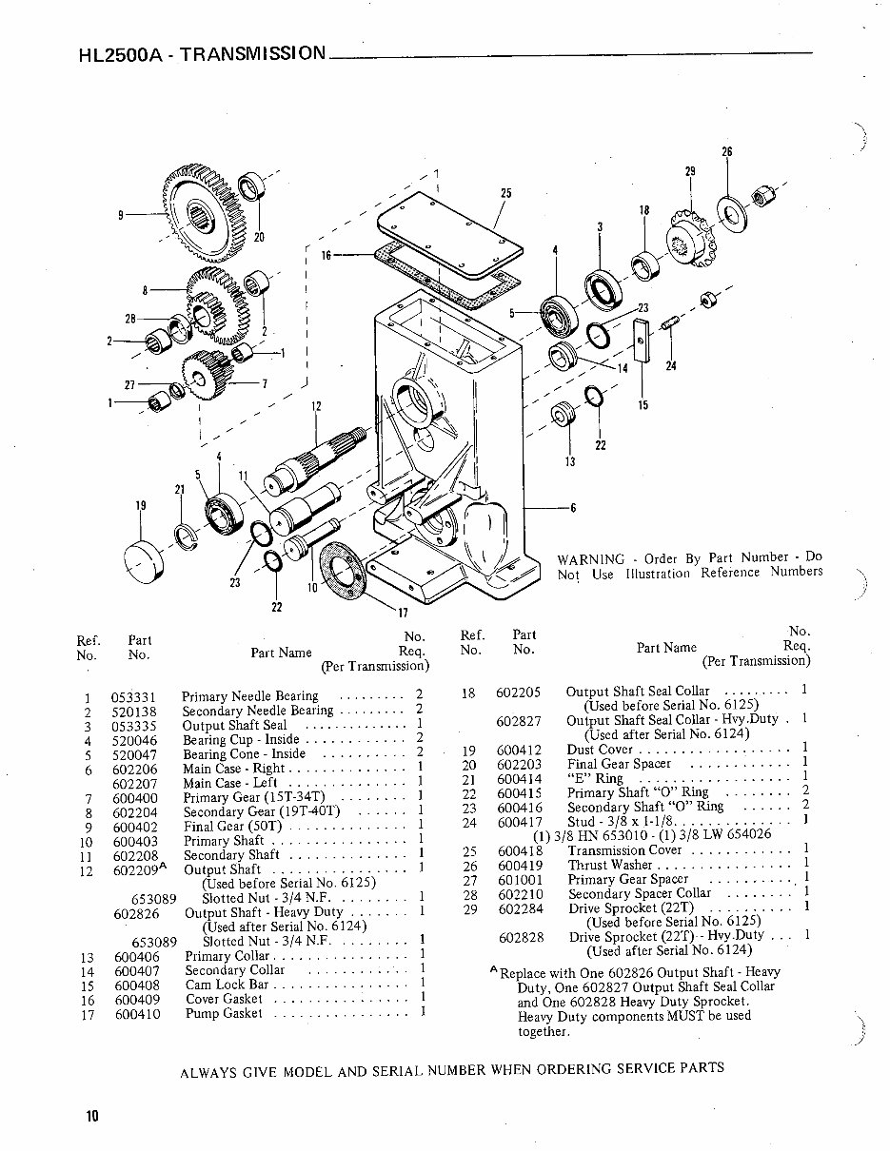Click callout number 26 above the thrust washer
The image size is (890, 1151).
[727, 152]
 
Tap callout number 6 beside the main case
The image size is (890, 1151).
[573, 507]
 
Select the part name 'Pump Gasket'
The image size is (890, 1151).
[222, 1014]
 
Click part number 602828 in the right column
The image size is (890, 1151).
[519, 937]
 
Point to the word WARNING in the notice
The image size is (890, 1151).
[590, 558]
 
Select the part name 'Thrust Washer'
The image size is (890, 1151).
[609, 865]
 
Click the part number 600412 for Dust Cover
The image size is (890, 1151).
[519, 750]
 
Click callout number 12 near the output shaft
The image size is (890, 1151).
[316, 406]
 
